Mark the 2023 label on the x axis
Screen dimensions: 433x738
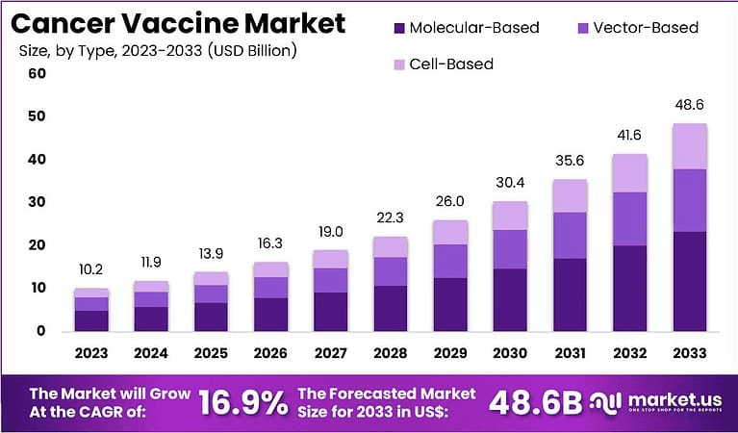coord(91,353)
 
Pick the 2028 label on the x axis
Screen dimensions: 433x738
coord(390,353)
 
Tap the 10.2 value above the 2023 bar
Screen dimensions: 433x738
coord(91,269)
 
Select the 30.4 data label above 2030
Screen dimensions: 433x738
coord(509,183)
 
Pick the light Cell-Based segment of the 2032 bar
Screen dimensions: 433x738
coord(628,173)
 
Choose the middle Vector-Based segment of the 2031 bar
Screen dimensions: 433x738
coord(569,235)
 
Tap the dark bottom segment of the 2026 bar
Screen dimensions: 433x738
coord(270,314)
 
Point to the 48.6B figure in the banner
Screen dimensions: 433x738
coord(534,404)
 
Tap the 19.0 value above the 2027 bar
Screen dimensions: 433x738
coord(330,232)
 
